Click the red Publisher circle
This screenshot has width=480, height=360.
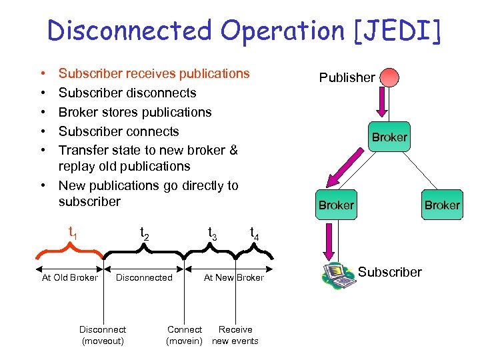tap(389, 77)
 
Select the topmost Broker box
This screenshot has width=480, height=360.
tap(389, 137)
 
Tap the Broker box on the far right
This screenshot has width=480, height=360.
tap(442, 205)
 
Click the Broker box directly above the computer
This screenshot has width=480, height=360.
tap(336, 205)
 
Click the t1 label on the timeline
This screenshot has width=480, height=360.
tap(73, 233)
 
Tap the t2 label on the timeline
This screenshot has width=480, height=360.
tap(144, 233)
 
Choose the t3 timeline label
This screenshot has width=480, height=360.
tap(212, 233)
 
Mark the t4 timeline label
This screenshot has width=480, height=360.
tap(255, 233)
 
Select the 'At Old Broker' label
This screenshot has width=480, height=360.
tap(69, 277)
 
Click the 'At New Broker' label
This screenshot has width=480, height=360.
tap(233, 277)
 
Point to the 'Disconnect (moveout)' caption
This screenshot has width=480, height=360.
tap(103, 335)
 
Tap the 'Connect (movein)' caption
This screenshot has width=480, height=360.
tap(185, 335)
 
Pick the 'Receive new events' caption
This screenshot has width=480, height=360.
tap(235, 335)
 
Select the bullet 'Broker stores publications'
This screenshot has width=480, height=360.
tap(135, 112)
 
